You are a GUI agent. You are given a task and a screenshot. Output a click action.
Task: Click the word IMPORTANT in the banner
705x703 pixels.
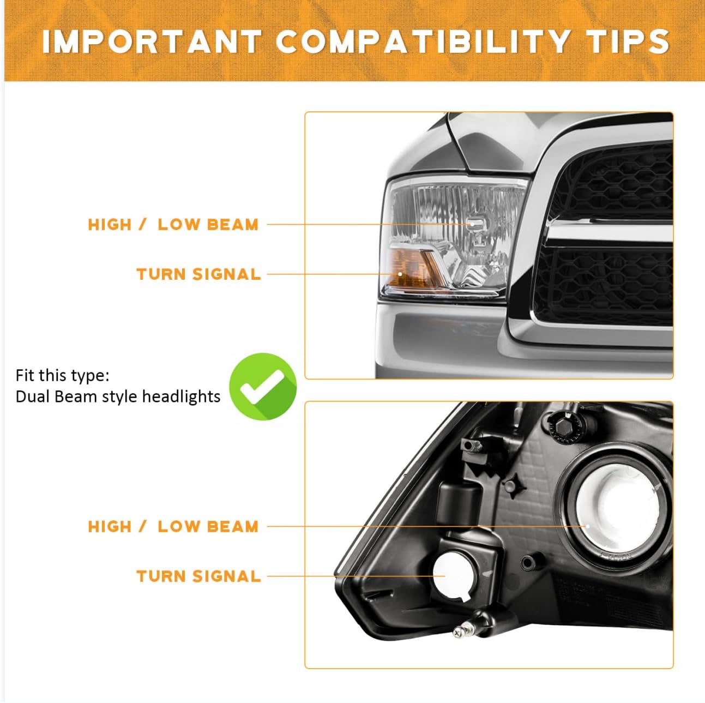(x=152, y=41)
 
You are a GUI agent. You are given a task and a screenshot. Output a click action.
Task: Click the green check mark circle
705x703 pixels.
(x=263, y=387)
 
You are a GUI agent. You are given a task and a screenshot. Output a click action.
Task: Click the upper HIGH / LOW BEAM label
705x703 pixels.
(x=173, y=224)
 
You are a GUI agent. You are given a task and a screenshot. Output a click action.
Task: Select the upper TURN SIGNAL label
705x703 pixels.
(x=198, y=274)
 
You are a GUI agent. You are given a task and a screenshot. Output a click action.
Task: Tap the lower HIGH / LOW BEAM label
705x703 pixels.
(x=173, y=527)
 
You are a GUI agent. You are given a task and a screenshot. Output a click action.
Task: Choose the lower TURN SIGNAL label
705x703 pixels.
(x=198, y=576)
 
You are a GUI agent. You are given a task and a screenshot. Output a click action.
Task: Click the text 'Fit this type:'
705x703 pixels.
(x=62, y=375)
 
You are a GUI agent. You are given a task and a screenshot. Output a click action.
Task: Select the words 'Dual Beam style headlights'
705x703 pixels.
(x=118, y=396)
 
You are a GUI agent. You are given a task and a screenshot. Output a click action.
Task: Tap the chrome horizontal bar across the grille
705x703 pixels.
(x=609, y=232)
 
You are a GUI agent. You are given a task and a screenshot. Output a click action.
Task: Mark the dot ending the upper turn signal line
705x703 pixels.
(x=400, y=274)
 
